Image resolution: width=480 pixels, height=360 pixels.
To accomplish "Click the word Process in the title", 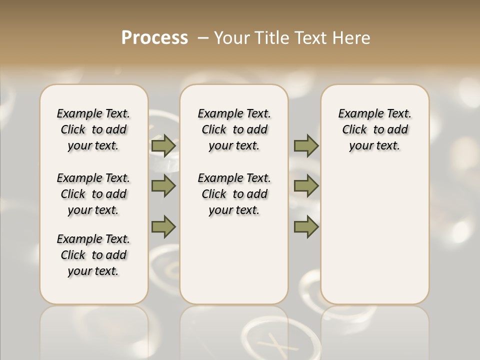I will coord(154,37).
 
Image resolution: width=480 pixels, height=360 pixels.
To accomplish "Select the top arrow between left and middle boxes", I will coord(163,145).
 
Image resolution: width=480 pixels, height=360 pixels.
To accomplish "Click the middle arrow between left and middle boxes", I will coord(163,186).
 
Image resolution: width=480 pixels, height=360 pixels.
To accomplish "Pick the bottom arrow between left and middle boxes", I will coord(163,226).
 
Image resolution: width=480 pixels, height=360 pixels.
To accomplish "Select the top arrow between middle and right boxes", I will coord(306,145).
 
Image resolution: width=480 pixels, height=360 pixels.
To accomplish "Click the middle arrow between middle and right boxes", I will coord(306,186).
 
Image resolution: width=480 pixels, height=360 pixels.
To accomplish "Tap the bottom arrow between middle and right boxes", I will coord(306,226).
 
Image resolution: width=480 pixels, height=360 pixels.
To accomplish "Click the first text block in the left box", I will coord(93,129).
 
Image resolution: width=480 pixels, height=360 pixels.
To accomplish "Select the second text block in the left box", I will coord(93,194).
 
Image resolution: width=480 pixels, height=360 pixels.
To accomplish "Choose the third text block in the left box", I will coord(93,255).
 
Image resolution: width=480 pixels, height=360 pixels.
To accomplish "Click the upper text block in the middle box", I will coord(234,129).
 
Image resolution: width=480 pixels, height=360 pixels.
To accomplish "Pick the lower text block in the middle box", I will coord(234,194).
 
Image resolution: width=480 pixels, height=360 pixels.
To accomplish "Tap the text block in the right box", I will coord(374,129).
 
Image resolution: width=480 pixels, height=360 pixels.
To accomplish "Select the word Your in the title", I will coord(231,38).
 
